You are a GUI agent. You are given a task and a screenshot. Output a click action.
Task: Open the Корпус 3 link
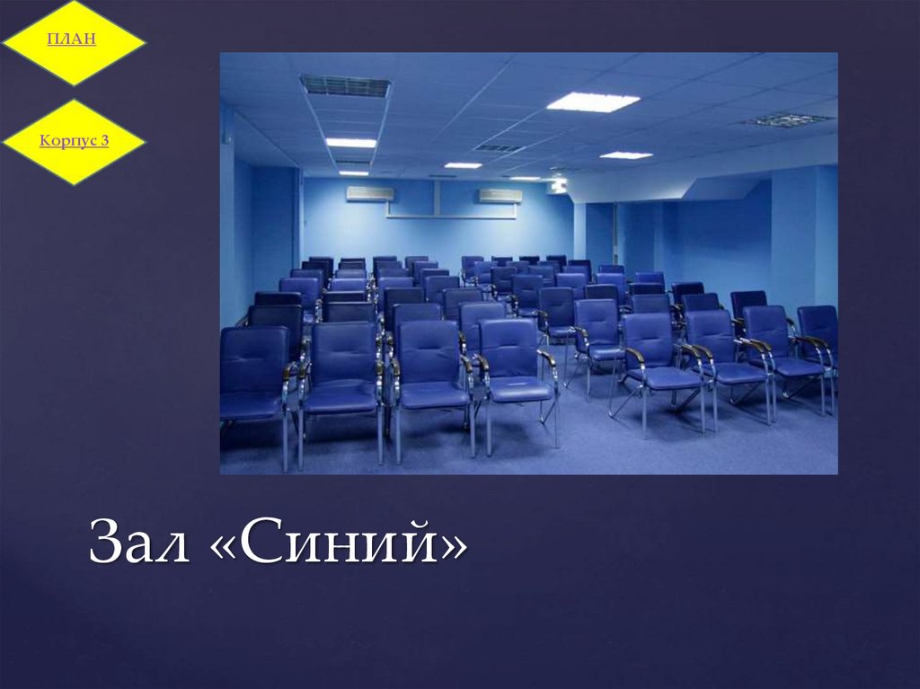pyautogui.click(x=75, y=140)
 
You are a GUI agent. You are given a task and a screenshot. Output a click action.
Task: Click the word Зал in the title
pyautogui.click(x=138, y=546)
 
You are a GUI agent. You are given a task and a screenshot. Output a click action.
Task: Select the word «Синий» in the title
pyautogui.click(x=341, y=546)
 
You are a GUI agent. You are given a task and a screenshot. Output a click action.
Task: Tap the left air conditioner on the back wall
pyautogui.click(x=370, y=193)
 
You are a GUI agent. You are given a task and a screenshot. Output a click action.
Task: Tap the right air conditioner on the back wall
pyautogui.click(x=500, y=195)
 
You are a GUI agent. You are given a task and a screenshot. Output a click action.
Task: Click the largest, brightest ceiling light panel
pyautogui.click(x=593, y=102)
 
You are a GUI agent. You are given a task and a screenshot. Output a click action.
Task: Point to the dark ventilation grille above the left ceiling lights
pyautogui.click(x=346, y=86)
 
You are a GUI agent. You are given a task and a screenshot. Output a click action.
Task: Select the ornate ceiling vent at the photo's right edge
pyautogui.click(x=789, y=119)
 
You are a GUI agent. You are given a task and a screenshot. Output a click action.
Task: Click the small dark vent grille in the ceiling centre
pyautogui.click(x=499, y=148)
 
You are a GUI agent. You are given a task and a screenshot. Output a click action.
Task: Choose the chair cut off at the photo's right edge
pyautogui.click(x=818, y=337)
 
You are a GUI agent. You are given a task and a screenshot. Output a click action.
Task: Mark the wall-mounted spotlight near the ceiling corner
pyautogui.click(x=559, y=185)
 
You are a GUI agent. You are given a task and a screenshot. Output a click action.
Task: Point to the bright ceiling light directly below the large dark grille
pyautogui.click(x=350, y=143)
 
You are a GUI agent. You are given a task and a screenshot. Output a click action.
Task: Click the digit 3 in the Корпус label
pyautogui.click(x=104, y=140)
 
